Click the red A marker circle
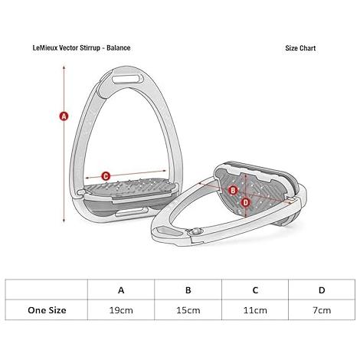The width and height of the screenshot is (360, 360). pos(64,116)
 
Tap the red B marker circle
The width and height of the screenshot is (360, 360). pos(233,191)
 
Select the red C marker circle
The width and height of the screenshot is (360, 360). pos(106,176)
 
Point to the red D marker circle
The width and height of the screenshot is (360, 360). pos(245,202)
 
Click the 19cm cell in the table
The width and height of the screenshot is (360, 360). pos(121,310)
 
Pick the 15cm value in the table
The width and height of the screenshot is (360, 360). pos(188,310)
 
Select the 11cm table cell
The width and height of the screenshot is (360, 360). pos(255,310)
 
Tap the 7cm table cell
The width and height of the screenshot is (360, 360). pos(322,310)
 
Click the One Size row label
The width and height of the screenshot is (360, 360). pos(47,310)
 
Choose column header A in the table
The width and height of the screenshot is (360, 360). pos(121,290)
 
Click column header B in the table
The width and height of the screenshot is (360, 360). pos(188,290)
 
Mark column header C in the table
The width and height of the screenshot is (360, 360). pos(255,290)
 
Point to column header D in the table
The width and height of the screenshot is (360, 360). pos(322,290)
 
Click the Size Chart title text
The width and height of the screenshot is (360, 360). pos(300,48)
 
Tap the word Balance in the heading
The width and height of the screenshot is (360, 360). pos(119,47)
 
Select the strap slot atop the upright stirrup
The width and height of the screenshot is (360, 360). pos(128,79)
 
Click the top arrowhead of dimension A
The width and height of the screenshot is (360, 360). pos(64,67)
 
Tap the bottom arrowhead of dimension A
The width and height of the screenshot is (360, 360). pos(64,220)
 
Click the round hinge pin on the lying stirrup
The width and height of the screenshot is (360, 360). pos(195,231)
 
